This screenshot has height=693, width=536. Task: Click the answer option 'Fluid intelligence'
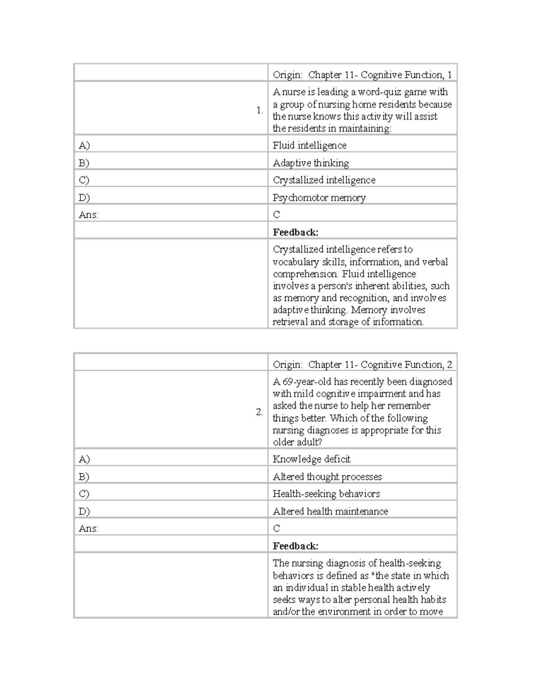310,145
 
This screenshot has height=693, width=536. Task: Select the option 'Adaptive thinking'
311,163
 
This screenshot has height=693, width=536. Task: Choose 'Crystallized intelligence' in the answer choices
324,180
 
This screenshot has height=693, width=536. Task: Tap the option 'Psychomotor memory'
319,198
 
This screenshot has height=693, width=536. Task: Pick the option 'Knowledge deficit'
311,459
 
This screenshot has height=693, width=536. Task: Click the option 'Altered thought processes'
327,477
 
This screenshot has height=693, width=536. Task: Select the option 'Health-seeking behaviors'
326,494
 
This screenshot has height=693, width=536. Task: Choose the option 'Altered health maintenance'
330,511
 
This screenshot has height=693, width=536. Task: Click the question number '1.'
260,111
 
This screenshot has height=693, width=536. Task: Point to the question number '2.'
259,412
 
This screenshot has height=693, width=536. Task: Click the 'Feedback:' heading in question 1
295,232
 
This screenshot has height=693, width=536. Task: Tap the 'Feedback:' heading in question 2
295,546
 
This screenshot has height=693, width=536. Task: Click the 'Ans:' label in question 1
88,215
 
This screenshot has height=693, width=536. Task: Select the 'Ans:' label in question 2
88,528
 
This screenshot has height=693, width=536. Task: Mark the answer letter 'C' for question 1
276,215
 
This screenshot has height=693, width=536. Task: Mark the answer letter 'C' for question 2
276,528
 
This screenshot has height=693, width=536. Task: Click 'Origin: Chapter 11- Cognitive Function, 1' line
362,75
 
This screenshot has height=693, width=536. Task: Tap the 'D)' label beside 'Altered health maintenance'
84,511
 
